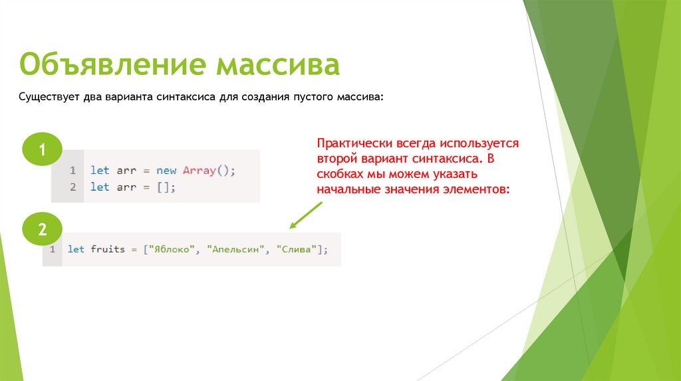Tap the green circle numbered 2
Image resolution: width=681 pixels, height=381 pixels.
pos(42,230)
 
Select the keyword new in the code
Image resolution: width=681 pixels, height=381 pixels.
pos(166,171)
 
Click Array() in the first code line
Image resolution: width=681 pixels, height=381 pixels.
pos(209,171)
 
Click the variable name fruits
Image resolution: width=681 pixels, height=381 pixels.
pos(107,250)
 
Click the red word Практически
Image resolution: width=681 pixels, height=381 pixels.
pos(354,143)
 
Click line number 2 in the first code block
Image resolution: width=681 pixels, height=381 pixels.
pos(72,187)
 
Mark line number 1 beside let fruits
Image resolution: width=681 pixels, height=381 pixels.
pos(51,250)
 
